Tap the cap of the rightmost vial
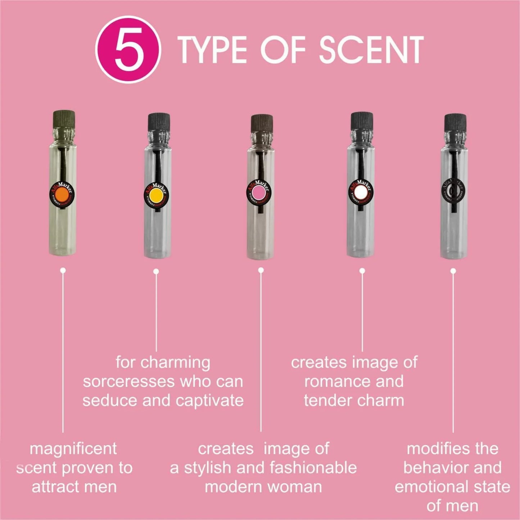tap(455, 122)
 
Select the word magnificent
tap(73, 449)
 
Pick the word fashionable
tap(313, 468)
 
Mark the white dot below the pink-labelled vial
tap(261, 270)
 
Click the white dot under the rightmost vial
tap(453, 271)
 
